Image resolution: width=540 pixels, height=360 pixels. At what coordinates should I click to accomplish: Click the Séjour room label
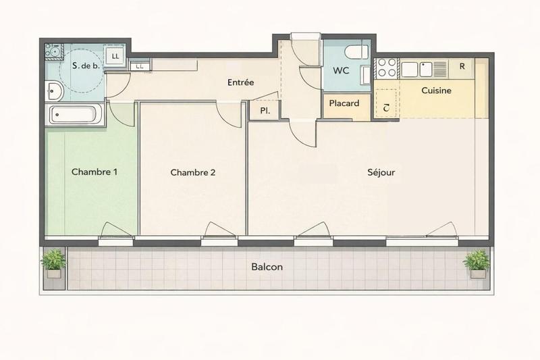(x=381, y=172)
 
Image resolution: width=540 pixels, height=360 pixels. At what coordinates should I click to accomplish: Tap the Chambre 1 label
(x=94, y=172)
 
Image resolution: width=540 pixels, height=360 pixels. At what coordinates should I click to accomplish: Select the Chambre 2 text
(x=193, y=172)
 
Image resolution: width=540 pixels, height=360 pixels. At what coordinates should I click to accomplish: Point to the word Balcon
(x=267, y=267)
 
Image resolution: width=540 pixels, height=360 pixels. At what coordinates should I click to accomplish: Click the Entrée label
(x=240, y=82)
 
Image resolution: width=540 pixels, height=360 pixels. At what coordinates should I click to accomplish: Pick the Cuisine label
(x=436, y=90)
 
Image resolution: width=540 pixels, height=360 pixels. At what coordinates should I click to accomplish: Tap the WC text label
(x=341, y=71)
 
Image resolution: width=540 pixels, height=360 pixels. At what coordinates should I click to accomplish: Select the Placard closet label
(x=344, y=104)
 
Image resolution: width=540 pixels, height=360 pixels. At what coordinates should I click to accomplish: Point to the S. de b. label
(x=85, y=66)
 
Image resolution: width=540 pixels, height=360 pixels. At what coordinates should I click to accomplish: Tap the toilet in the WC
(x=355, y=52)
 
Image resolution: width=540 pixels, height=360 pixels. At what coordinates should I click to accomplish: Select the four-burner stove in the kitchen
(x=387, y=68)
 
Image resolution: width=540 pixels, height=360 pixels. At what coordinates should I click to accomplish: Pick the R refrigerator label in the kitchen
(x=462, y=66)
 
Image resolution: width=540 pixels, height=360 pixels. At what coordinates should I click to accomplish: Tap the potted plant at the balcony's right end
(x=477, y=263)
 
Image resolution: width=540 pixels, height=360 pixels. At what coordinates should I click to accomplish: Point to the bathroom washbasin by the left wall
(x=55, y=91)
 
